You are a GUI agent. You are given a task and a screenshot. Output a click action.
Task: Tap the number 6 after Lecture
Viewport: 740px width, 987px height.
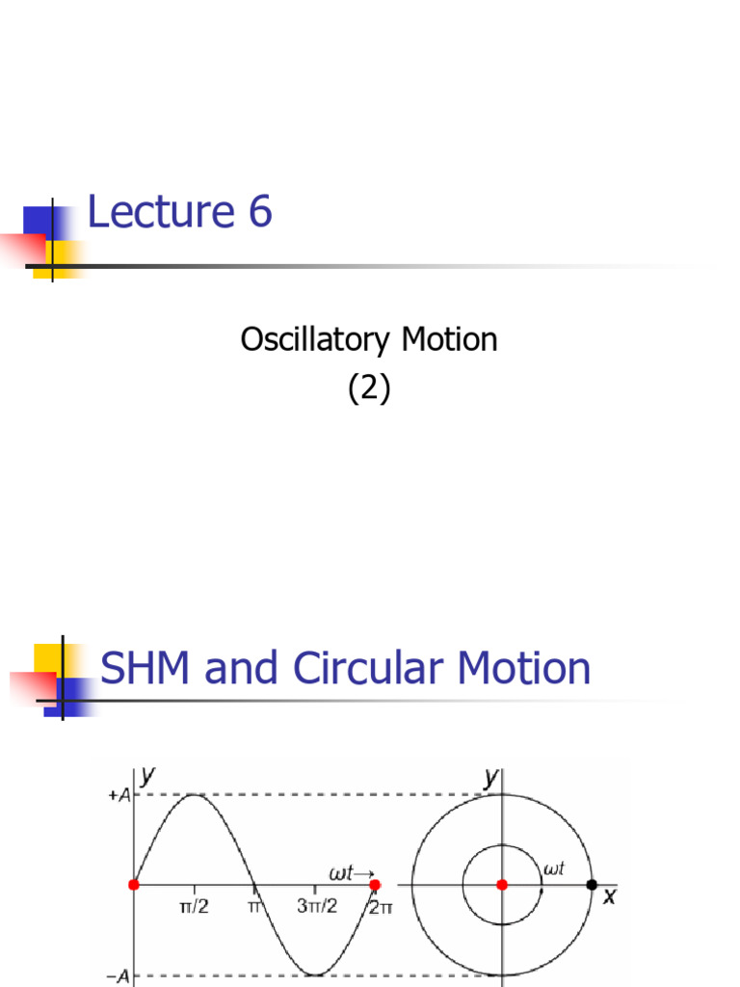259,212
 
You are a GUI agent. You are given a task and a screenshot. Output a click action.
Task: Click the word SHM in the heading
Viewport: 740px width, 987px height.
146,668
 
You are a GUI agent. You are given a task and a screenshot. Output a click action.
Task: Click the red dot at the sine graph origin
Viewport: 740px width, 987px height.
134,885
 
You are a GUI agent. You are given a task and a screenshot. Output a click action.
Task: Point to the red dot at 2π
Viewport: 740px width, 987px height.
375,885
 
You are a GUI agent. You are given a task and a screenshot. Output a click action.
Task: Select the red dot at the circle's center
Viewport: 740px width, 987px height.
501,885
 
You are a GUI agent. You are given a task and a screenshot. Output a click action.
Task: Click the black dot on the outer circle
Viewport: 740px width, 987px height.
592,885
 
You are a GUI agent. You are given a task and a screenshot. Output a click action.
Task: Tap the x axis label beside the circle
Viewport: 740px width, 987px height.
608,896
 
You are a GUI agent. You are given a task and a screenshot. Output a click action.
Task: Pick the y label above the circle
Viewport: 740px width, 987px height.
490,778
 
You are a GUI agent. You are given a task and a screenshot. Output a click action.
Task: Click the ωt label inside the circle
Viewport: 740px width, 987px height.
553,869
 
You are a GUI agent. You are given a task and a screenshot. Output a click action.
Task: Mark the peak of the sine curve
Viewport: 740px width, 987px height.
195,794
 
